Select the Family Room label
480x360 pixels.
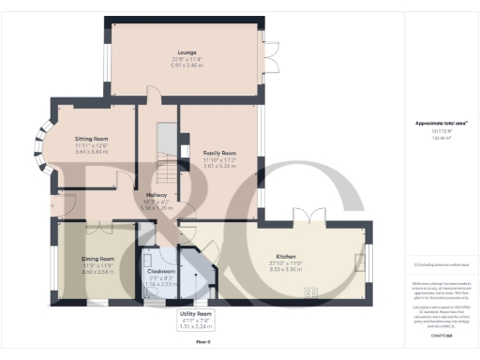pyautogui.click(x=219, y=152)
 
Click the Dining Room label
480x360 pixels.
pyautogui.click(x=97, y=258)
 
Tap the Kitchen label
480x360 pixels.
pyautogui.click(x=286, y=255)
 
